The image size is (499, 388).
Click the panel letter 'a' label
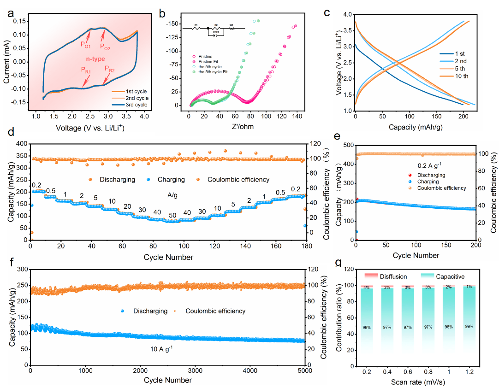pos(11,12)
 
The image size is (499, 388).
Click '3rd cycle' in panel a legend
pos(134,105)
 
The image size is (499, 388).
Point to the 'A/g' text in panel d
pos(172,195)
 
